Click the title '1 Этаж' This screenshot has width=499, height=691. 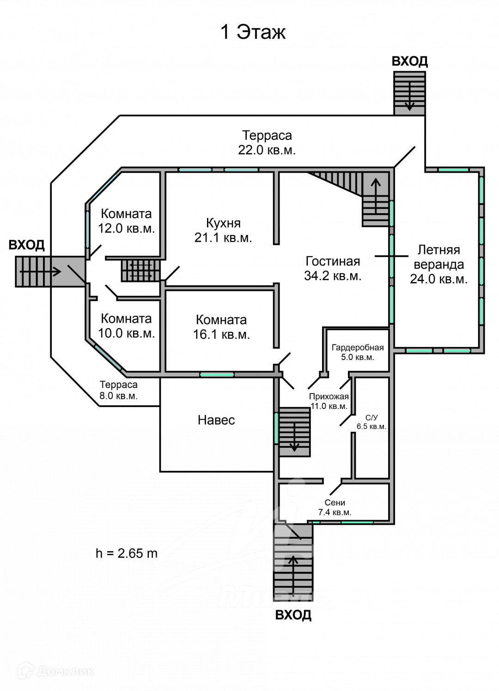click(253, 32)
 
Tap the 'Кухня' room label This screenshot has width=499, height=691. click(223, 223)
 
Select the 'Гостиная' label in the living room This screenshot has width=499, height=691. click(333, 261)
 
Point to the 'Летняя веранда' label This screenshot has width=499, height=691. click(438, 257)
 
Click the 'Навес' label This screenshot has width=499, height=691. click(216, 420)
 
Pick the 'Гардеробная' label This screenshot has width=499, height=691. click(358, 348)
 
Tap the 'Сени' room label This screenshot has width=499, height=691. click(335, 503)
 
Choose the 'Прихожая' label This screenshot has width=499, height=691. click(329, 397)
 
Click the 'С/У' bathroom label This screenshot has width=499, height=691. click(371, 418)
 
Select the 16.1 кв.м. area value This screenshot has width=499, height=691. click(221, 335)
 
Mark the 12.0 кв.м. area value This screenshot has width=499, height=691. click(126, 228)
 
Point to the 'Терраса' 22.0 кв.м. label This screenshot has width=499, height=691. click(267, 136)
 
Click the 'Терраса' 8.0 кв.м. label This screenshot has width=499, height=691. click(119, 385)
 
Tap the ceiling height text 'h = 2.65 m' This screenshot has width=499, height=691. click(127, 553)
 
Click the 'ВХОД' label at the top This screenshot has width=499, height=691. click(409, 61)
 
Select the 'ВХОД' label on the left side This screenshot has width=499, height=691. click(27, 245)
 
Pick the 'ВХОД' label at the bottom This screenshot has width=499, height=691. click(293, 615)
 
